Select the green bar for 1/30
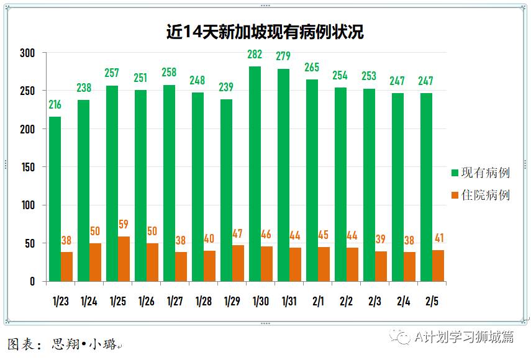255,174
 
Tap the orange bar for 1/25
124,259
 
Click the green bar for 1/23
55,199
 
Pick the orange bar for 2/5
438,266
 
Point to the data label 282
255,55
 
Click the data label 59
124,225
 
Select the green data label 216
55,105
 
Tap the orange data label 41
438,238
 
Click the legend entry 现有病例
484,173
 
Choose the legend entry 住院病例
484,195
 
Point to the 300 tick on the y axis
27,53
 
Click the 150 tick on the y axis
27,167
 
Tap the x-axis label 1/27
175,302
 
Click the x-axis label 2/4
403,302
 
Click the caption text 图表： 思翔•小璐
65,344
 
